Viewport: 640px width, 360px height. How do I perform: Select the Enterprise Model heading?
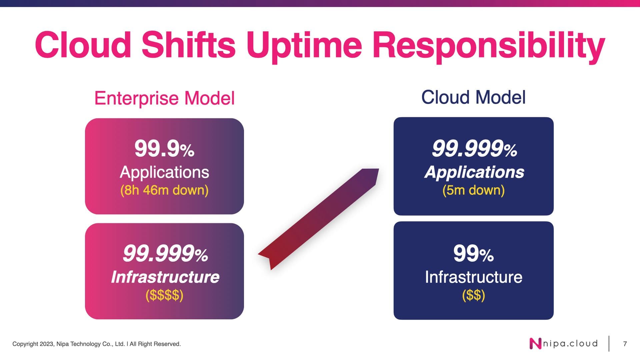[x=165, y=98]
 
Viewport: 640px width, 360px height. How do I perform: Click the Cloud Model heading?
[x=473, y=97]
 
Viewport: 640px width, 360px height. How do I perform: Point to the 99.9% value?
[x=164, y=149]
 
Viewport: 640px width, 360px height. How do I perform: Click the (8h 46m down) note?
[x=164, y=190]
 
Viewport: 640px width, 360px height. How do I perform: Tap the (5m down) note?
[x=473, y=190]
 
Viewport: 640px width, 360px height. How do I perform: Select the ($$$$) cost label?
[x=164, y=295]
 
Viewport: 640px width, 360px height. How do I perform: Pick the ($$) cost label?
[x=473, y=295]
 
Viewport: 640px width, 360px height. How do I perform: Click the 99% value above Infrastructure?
[x=473, y=254]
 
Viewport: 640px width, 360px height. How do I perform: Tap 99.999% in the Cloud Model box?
[x=474, y=149]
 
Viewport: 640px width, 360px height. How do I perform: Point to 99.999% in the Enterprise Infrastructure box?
[x=165, y=254]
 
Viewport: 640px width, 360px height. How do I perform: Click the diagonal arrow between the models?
[x=318, y=219]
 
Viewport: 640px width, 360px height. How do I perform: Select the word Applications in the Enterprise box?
[x=164, y=172]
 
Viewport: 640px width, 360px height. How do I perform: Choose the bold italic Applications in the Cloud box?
[x=474, y=172]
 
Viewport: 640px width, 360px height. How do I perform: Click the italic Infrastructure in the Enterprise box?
[x=165, y=277]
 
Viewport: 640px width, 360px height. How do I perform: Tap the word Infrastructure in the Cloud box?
[x=474, y=277]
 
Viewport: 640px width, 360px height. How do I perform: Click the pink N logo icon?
[x=535, y=344]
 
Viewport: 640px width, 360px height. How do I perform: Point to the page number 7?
[x=625, y=344]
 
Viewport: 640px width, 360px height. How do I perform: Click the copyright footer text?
[x=97, y=344]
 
